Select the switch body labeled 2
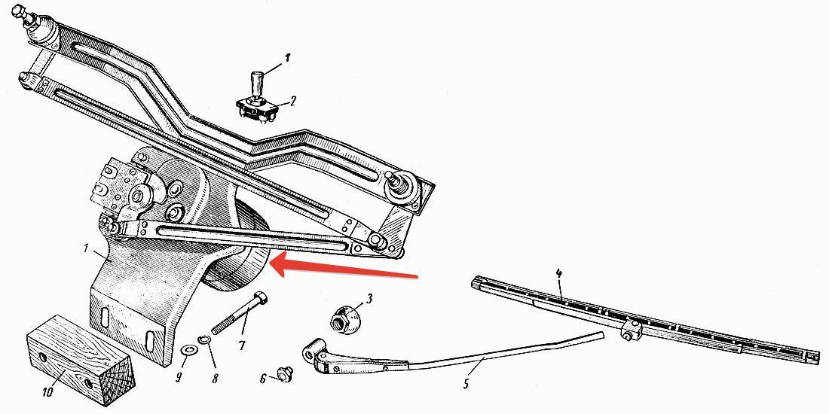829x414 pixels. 257,109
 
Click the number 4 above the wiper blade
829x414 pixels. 559,274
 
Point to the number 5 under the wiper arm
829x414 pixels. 466,384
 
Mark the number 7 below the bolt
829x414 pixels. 242,346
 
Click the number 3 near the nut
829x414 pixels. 369,299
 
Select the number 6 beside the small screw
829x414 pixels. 263,379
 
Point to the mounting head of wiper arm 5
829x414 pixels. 316,357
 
